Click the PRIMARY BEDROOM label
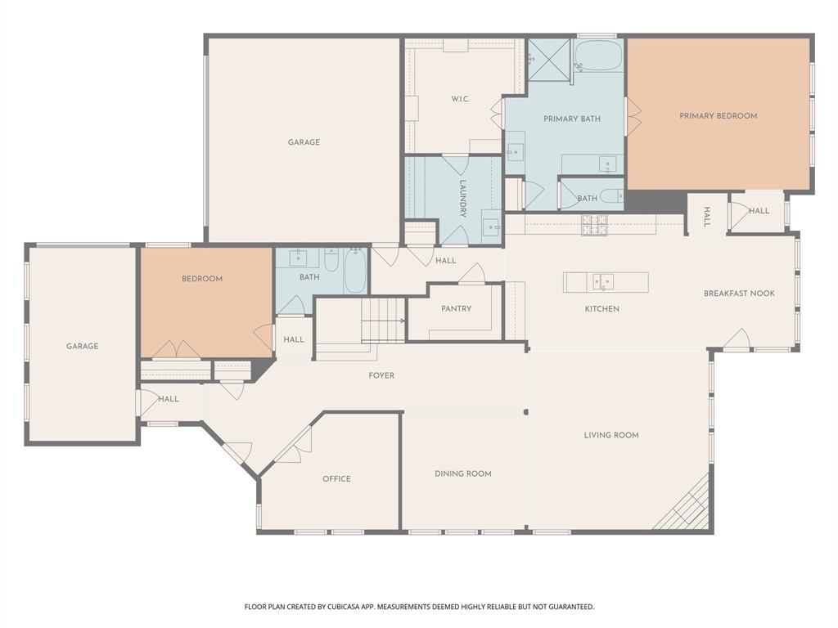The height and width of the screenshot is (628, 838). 718,116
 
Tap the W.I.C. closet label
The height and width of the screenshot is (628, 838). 460,100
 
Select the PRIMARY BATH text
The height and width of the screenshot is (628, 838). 572,119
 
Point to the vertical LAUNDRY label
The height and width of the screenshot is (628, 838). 462,198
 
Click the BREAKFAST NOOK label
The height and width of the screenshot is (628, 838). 739,294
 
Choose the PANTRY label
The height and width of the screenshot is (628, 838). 456,309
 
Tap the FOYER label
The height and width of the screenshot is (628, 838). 381,376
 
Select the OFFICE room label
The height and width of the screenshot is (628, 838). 336,479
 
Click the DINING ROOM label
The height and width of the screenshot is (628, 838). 462,473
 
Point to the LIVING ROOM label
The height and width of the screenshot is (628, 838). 611,435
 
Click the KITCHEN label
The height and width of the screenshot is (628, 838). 601,309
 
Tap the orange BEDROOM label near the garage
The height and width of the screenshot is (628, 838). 202,279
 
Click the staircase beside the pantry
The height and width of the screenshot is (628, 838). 383,321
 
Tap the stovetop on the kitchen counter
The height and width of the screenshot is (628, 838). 594,225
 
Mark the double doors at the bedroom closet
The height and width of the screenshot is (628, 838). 176,351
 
